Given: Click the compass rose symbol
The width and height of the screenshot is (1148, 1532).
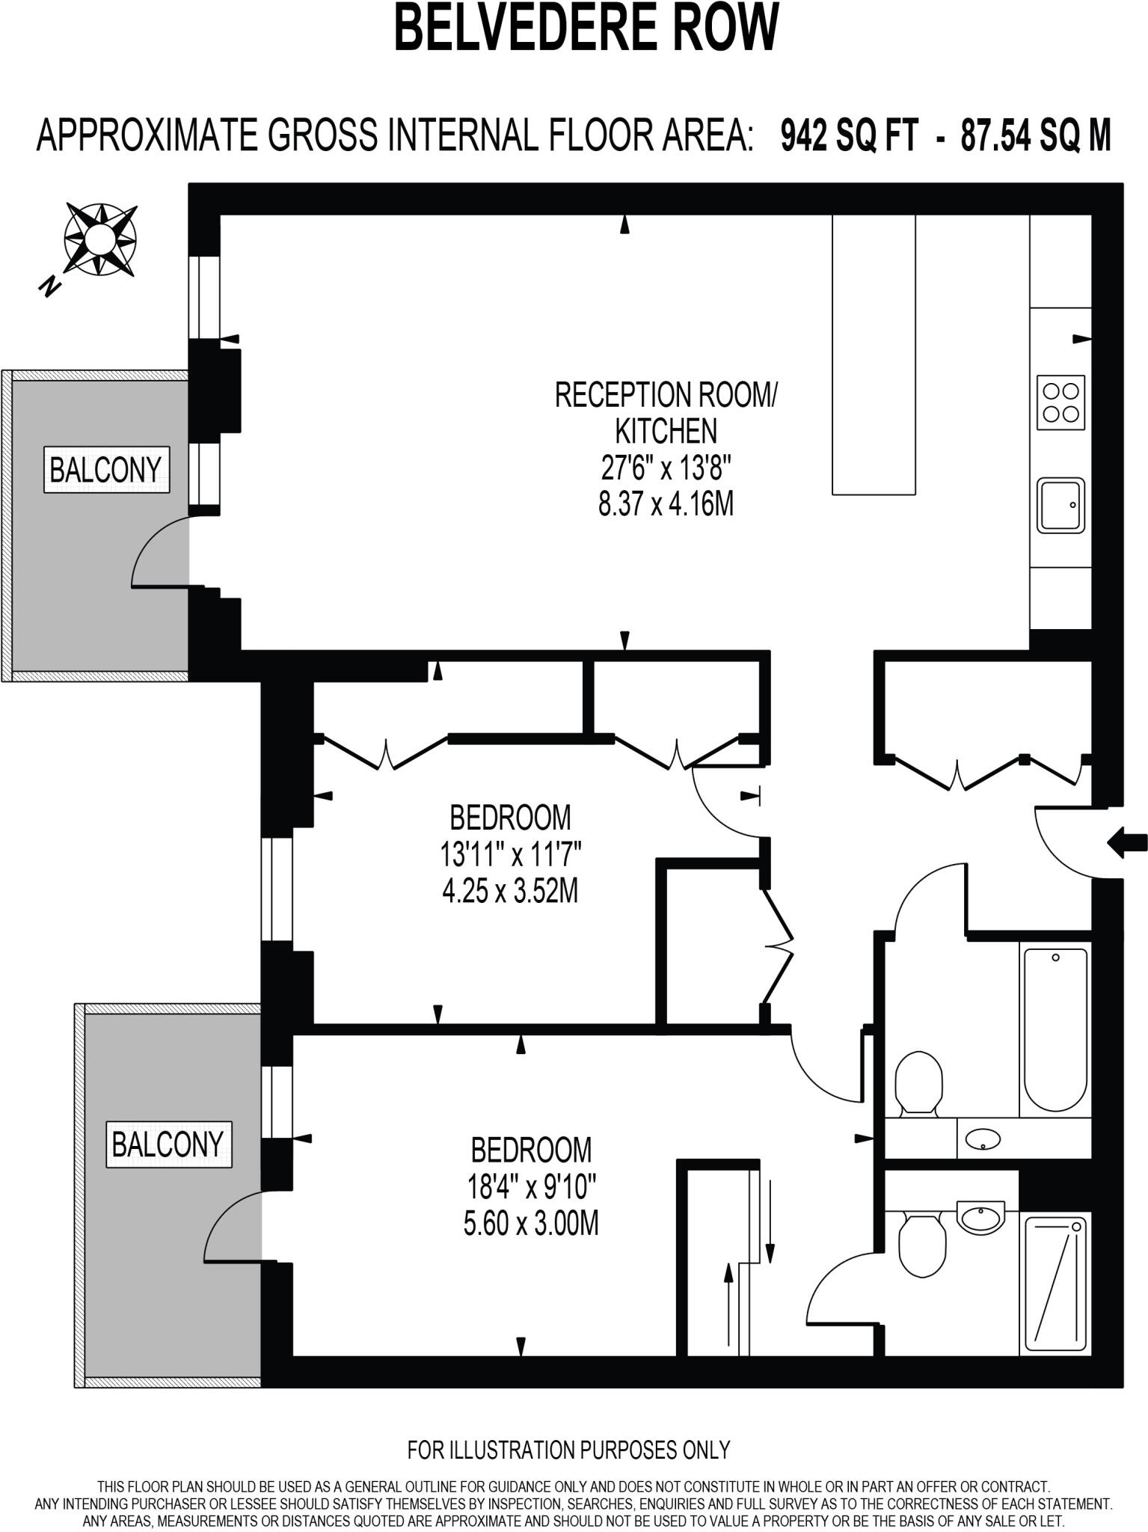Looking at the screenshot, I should [x=99, y=239].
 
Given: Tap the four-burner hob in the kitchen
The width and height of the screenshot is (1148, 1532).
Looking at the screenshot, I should [x=1060, y=402].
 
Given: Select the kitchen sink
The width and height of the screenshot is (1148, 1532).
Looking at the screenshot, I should [x=1060, y=506].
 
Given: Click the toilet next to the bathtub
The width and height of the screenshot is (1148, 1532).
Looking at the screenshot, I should [x=919, y=1082].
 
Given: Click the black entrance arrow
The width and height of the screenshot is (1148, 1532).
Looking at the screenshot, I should [x=1127, y=842].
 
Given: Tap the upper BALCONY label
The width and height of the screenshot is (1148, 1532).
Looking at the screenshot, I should [x=106, y=470].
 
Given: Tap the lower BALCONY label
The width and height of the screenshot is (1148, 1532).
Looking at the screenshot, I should [x=168, y=1144].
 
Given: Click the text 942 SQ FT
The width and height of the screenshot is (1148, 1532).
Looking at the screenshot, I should [x=848, y=136].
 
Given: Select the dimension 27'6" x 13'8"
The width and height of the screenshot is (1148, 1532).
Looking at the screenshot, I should [x=665, y=468].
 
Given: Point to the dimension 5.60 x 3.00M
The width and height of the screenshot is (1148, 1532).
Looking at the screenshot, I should [x=531, y=1223].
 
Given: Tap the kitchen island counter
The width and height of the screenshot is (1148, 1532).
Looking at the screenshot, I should [x=874, y=355].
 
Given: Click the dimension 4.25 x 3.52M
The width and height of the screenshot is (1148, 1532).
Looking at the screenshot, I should [x=510, y=891].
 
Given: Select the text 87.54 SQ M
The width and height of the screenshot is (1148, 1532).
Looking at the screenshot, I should [x=1036, y=136].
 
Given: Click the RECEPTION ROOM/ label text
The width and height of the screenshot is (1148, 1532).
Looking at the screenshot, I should [x=665, y=395].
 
